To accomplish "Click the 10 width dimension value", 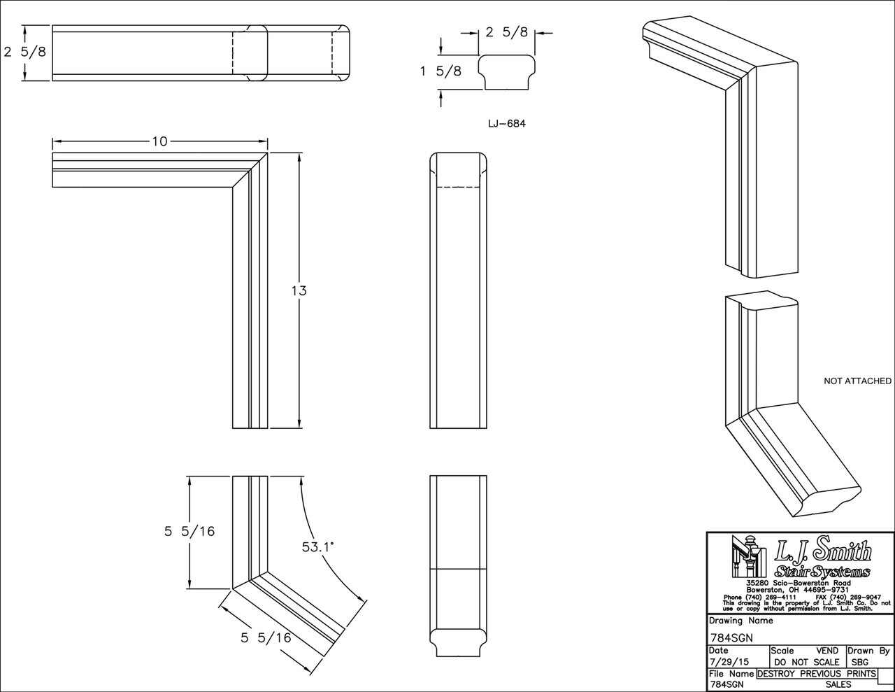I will [x=159, y=141].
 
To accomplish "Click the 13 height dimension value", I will [x=299, y=290].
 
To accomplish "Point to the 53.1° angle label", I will [x=318, y=546].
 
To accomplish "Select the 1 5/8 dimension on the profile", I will [x=441, y=71].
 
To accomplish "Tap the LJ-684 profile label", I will [x=506, y=124].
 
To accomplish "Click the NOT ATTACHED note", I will [x=857, y=381].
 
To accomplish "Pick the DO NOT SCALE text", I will [x=806, y=662].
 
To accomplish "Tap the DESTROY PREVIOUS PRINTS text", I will [x=816, y=674].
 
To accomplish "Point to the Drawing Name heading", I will [x=740, y=621].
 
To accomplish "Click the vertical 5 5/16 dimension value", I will [x=189, y=531].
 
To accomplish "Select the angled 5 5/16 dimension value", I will [x=266, y=637].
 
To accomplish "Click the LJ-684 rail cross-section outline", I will [x=507, y=73].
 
